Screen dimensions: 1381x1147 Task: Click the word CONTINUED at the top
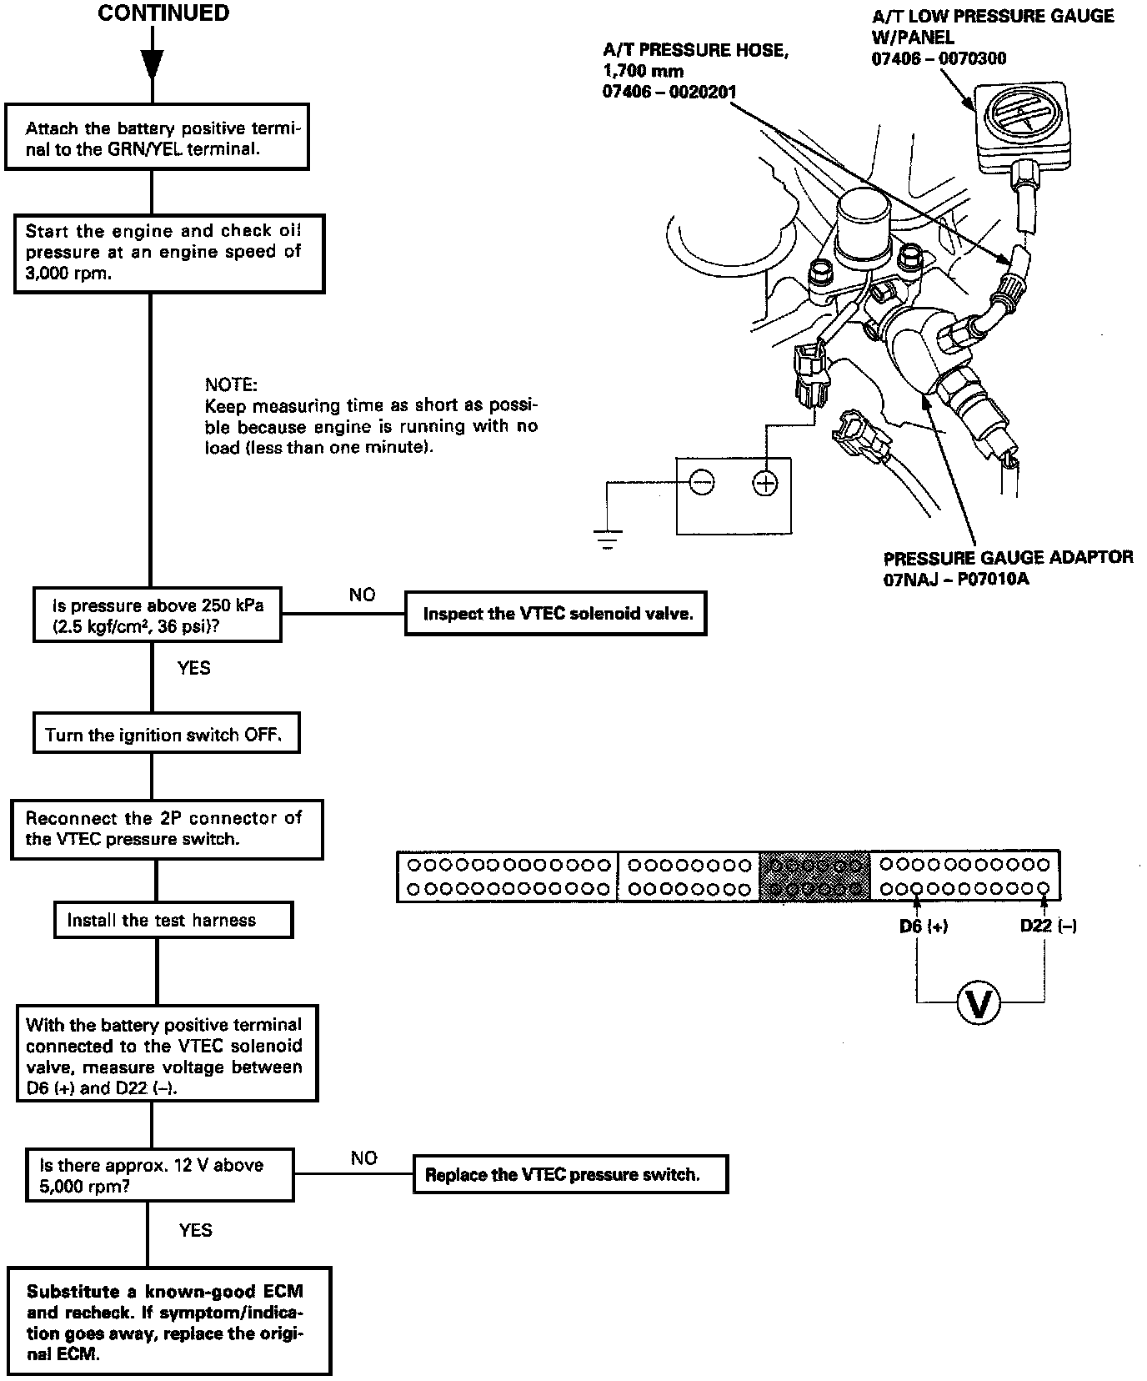163,14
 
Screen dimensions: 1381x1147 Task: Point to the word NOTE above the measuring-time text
231,384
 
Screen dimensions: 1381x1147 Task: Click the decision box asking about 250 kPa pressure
157,615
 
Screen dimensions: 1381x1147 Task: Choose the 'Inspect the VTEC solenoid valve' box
556,614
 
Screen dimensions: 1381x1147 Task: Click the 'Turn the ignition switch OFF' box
165,734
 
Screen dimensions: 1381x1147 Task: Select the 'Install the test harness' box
173,920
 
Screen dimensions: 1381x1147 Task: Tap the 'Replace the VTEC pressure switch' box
570,1174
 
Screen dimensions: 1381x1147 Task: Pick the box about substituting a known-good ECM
169,1323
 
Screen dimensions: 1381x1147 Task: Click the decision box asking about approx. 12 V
160,1175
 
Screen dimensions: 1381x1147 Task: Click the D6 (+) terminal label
923,927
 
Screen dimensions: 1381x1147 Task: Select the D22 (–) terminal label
1048,927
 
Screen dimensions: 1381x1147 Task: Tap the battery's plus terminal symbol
764,483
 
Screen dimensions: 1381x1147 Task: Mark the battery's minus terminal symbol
702,483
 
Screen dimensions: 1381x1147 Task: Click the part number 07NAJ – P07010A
956,578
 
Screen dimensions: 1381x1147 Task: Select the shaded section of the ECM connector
814,876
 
